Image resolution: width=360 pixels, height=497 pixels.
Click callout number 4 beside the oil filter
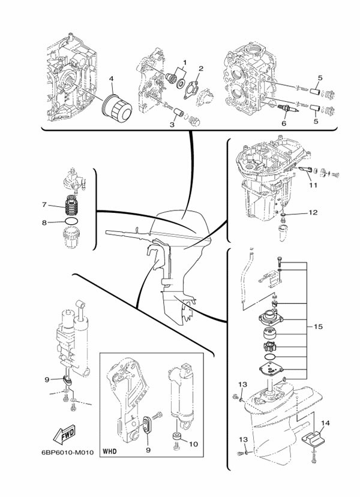pyautogui.click(x=111, y=79)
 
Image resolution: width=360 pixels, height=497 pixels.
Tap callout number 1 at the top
pyautogui.click(x=185, y=62)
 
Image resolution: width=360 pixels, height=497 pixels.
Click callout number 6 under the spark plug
pyautogui.click(x=284, y=124)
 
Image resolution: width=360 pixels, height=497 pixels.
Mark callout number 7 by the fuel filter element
pyautogui.click(x=44, y=204)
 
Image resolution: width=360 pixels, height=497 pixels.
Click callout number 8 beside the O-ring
pyautogui.click(x=44, y=223)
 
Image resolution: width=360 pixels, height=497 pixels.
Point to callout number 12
pyautogui.click(x=313, y=213)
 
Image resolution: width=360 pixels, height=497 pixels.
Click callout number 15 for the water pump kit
pyautogui.click(x=318, y=327)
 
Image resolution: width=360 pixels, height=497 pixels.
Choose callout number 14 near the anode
pyautogui.click(x=325, y=423)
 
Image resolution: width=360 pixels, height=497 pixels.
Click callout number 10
pyautogui.click(x=193, y=444)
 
